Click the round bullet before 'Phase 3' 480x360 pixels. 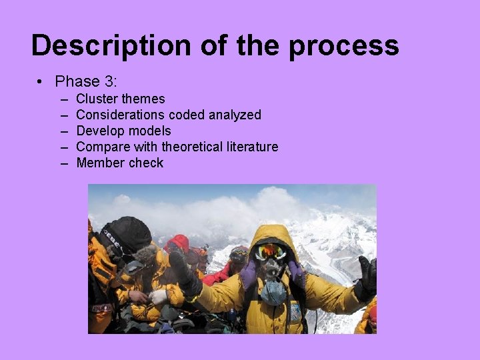click(41, 81)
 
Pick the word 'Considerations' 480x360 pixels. click(121, 115)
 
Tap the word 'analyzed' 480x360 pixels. click(235, 115)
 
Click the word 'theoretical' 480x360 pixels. click(193, 147)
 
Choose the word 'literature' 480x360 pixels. click(253, 147)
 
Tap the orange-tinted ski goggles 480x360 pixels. click(272, 252)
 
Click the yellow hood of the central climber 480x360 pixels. click(272, 235)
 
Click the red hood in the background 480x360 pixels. click(179, 243)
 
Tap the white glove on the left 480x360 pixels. click(158, 296)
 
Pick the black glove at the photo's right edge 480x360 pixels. click(367, 277)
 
